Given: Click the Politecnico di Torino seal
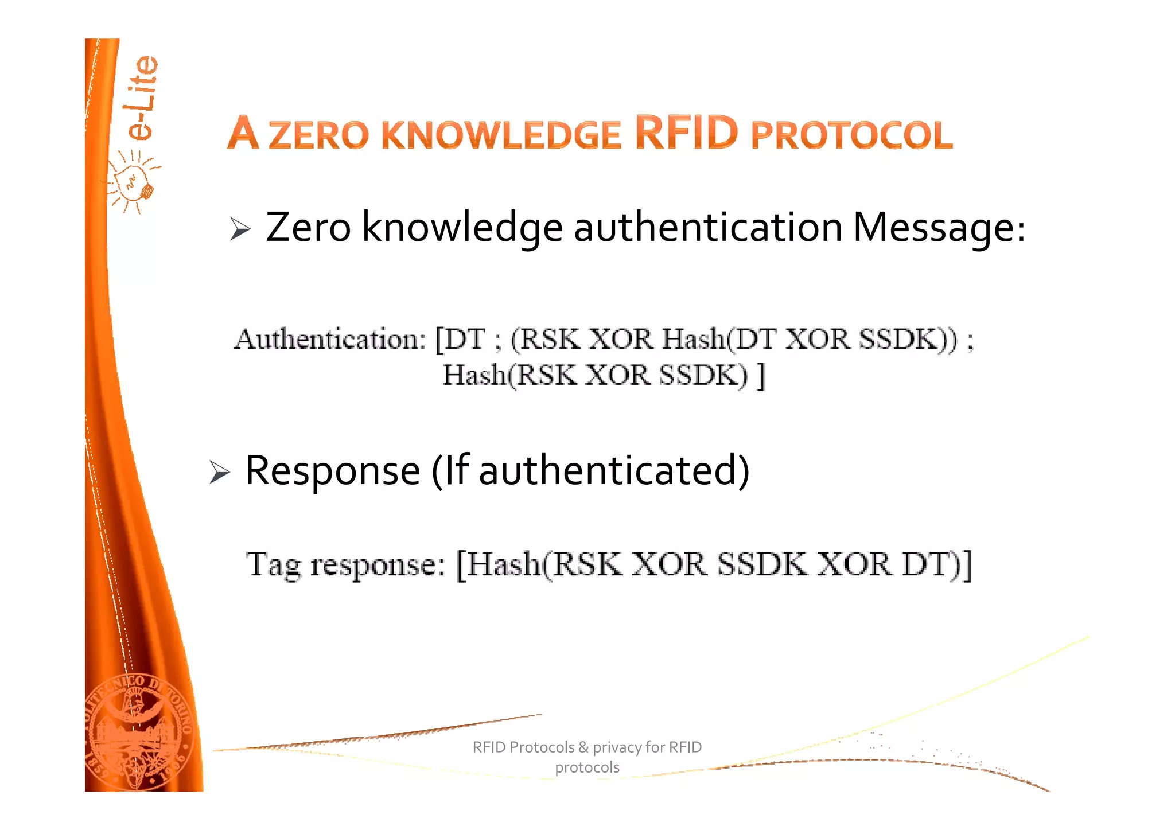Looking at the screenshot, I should [139, 731].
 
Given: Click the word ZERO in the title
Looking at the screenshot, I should [318, 135].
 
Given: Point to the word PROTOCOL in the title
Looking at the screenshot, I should [851, 135].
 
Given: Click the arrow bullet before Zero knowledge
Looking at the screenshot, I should [240, 229].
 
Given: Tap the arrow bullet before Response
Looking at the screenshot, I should [219, 472].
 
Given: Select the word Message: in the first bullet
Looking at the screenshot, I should [939, 228].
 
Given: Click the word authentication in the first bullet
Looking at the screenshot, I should [707, 228].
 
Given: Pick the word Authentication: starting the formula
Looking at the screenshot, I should [330, 339].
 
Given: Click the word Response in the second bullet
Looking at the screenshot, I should [333, 470].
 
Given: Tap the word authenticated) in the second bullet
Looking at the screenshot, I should [614, 470].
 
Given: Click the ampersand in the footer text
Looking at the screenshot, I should [583, 747].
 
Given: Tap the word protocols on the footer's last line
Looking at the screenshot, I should [587, 767].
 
